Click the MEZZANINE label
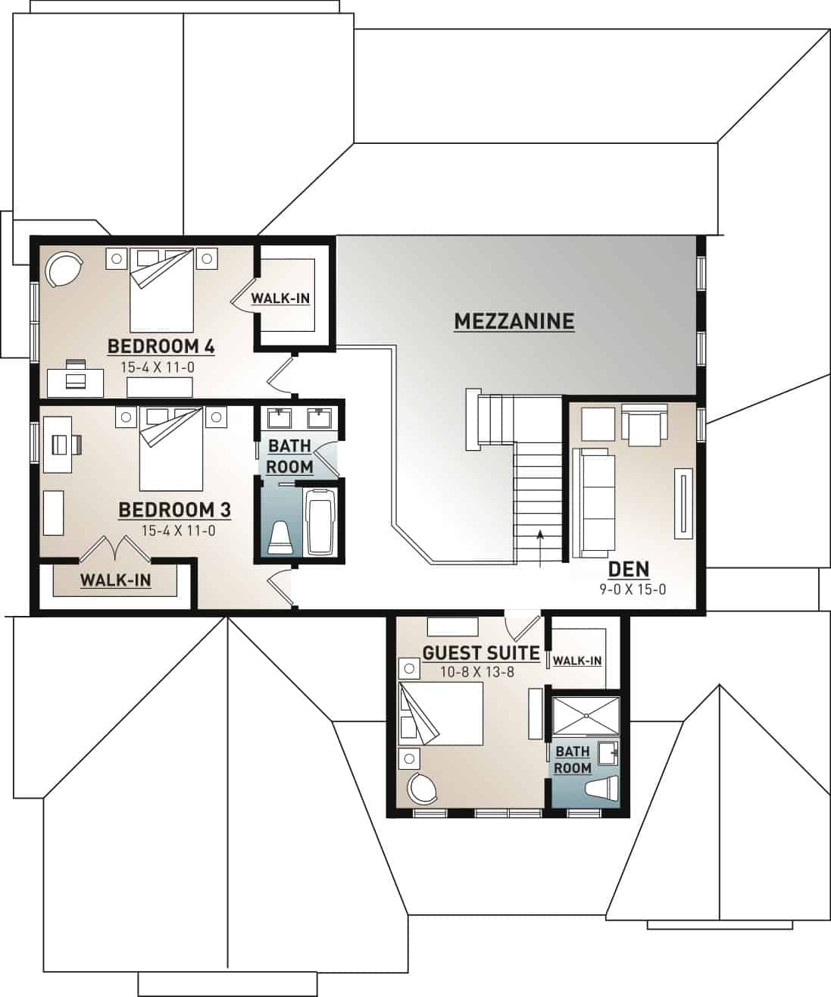click(514, 321)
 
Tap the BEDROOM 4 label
click(161, 347)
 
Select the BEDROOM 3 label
click(174, 510)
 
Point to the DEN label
click(629, 569)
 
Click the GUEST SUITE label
click(480, 652)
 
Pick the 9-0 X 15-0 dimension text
click(631, 589)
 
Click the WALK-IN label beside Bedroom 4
click(280, 298)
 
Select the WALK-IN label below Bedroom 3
click(115, 580)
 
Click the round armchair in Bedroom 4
click(62, 270)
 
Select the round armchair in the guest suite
click(421, 789)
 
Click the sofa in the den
click(593, 501)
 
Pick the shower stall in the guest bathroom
click(586, 716)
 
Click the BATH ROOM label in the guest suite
click(572, 759)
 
